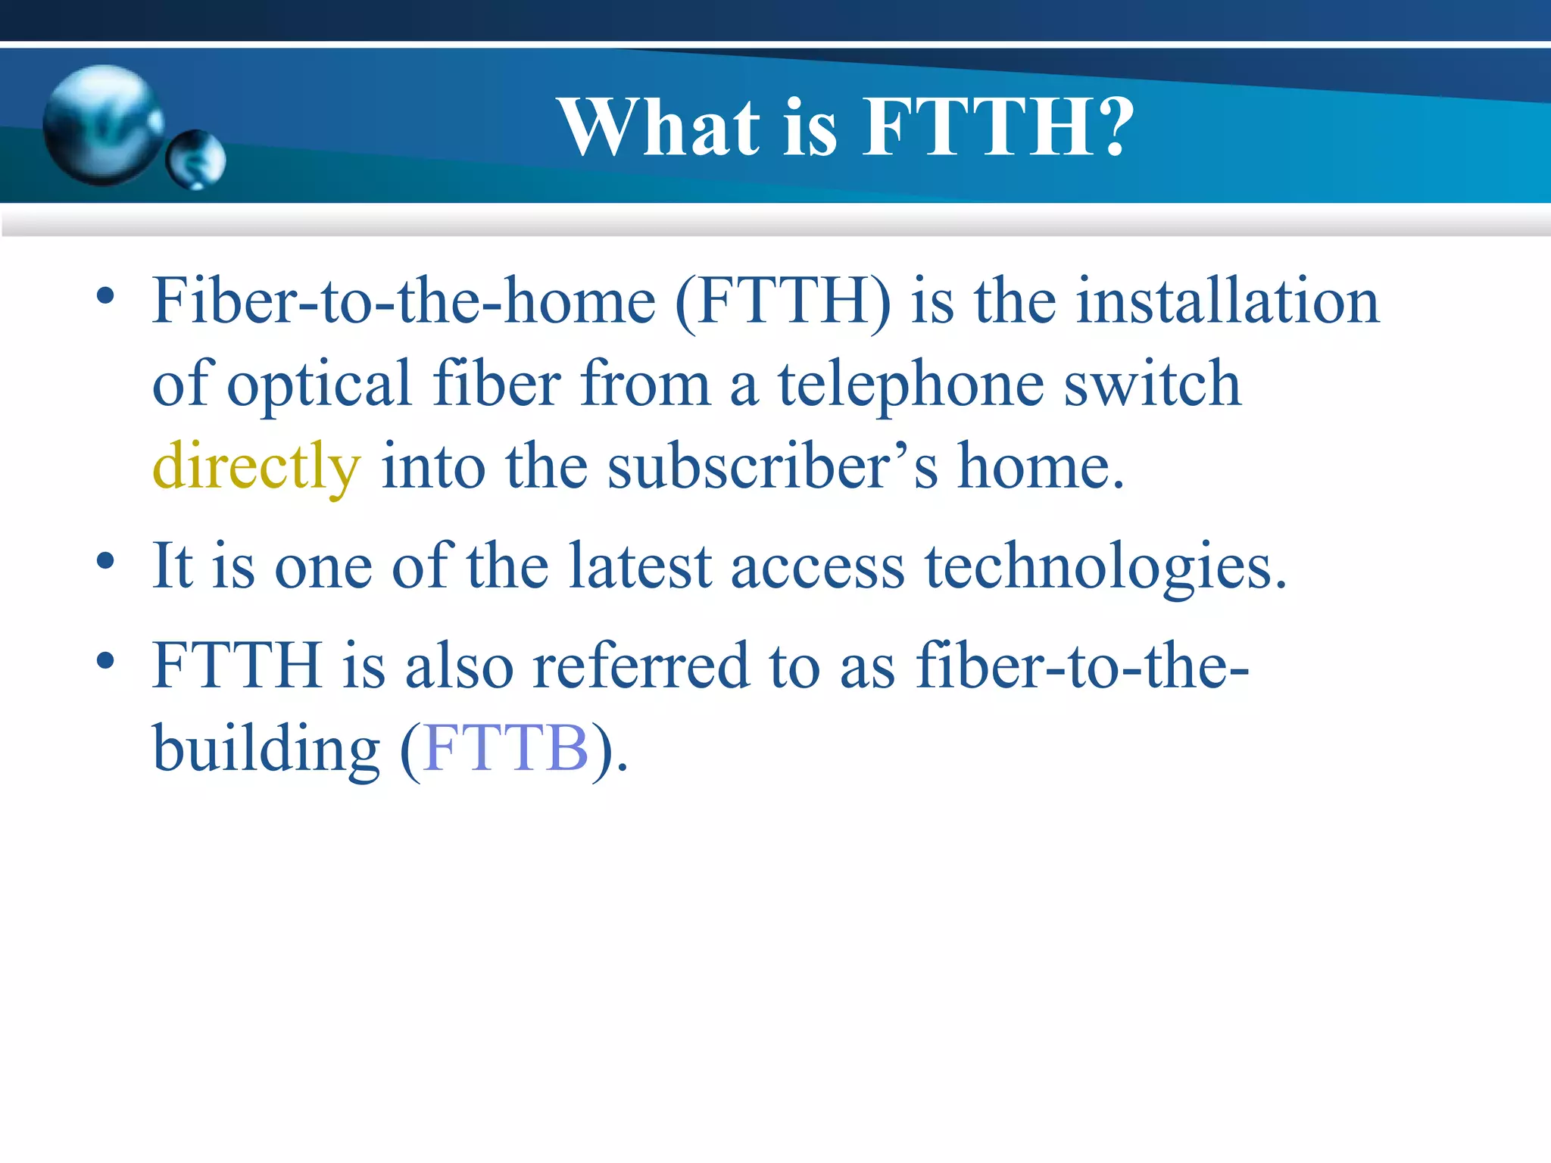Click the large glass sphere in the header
103,126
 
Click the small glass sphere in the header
195,160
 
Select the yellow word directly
256,466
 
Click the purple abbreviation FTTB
506,748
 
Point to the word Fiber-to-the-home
404,301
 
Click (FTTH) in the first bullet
783,301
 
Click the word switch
1152,385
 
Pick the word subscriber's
772,466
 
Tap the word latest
640,566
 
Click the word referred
640,666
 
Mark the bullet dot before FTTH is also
105,661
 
